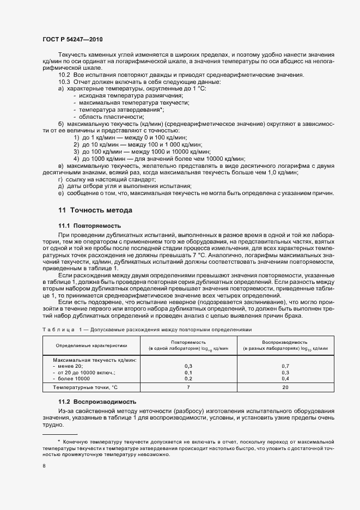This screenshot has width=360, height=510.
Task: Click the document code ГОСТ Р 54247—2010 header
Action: (72, 40)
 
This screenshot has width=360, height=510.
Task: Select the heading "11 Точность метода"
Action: (95, 210)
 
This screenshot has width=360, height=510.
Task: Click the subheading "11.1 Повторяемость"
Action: (89, 226)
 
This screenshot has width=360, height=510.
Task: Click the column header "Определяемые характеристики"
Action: (91, 345)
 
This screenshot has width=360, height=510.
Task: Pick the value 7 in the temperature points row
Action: (188, 387)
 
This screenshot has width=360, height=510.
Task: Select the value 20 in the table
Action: (285, 387)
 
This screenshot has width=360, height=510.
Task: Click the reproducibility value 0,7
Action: (285, 366)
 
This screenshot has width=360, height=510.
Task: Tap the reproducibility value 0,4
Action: (285, 378)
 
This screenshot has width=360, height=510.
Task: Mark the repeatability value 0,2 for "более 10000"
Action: (188, 378)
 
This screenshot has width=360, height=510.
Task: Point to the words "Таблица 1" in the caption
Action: (61, 329)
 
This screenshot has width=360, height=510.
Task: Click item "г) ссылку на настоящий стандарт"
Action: (107, 179)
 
